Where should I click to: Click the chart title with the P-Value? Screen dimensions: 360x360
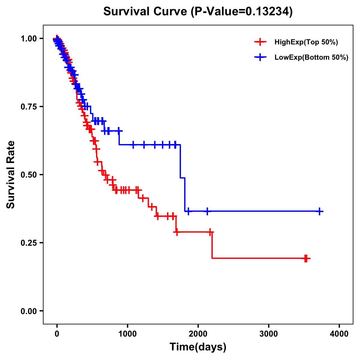pos(198,12)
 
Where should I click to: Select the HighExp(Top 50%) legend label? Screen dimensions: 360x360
pos(306,42)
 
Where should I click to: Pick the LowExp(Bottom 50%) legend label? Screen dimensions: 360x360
pos(311,58)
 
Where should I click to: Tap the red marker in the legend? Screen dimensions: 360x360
pos(260,42)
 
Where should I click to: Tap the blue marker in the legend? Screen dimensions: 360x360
pos(260,57)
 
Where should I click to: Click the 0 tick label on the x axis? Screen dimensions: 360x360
pos(57,334)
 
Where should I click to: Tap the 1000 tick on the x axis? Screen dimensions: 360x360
pos(127,334)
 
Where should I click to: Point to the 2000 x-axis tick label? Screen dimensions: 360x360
pos(198,334)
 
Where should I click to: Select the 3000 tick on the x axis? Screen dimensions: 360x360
pos(268,334)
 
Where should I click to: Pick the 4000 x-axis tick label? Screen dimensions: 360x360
pos(339,334)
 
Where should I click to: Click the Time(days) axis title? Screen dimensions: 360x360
pos(198,347)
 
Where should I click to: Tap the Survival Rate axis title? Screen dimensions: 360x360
pos(11,175)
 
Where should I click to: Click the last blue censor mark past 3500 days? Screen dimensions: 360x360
pos(320,211)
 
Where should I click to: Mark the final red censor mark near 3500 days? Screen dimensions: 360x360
pos(306,258)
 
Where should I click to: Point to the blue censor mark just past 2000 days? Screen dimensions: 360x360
pos(207,211)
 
